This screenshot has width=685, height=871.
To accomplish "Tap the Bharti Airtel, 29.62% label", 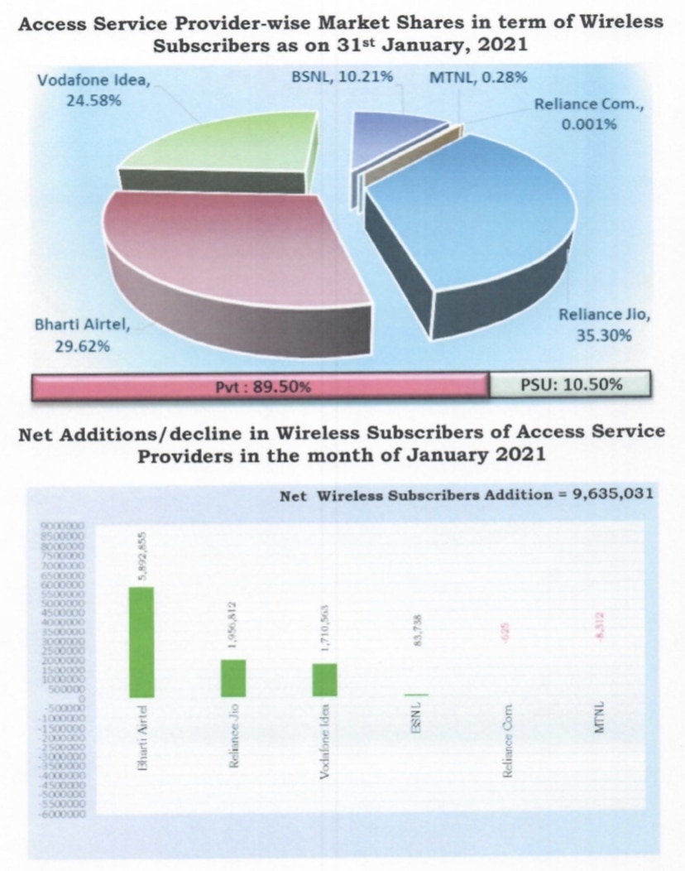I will [x=83, y=334].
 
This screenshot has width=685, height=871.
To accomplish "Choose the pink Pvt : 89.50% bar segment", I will [x=261, y=385].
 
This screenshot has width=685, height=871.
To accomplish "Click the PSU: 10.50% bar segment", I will [x=570, y=385].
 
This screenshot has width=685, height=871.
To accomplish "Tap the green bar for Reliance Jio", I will [x=233, y=678].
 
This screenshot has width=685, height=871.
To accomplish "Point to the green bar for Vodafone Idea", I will [x=325, y=680].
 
